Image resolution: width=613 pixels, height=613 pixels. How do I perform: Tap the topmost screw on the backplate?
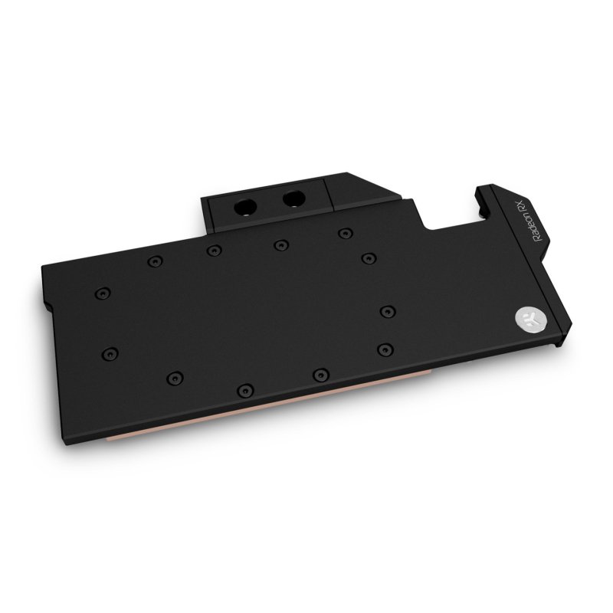coord(346,231)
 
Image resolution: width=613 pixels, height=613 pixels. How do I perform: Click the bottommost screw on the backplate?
coord(244,390)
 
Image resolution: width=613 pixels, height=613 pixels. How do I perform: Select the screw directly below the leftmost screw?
coord(110,353)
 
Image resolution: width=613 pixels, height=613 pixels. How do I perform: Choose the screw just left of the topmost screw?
coord(280,244)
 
